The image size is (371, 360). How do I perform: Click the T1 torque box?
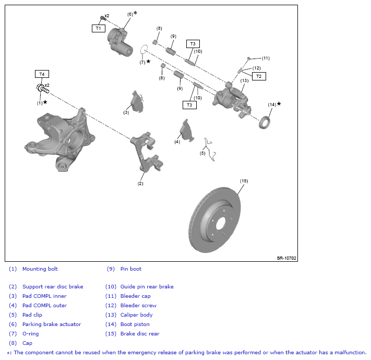[99, 28]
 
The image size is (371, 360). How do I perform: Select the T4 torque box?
[42, 74]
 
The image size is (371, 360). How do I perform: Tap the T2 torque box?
[259, 76]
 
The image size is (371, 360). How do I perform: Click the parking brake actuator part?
[119, 42]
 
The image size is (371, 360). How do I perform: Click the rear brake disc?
[215, 219]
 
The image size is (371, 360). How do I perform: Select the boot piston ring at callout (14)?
[264, 122]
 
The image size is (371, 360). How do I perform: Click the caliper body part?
[232, 100]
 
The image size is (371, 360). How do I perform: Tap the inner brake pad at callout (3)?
[137, 101]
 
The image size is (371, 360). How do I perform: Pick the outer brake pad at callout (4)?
[187, 131]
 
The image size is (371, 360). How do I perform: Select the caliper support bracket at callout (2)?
[147, 152]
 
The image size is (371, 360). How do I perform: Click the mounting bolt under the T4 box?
[43, 88]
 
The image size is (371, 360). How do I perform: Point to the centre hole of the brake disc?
[221, 224]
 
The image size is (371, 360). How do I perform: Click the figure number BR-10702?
[286, 258]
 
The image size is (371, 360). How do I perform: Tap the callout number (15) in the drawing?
[244, 181]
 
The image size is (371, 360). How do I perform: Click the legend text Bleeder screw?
[138, 306]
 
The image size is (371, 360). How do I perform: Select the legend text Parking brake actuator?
[52, 324]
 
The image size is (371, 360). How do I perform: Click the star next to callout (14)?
[279, 103]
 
